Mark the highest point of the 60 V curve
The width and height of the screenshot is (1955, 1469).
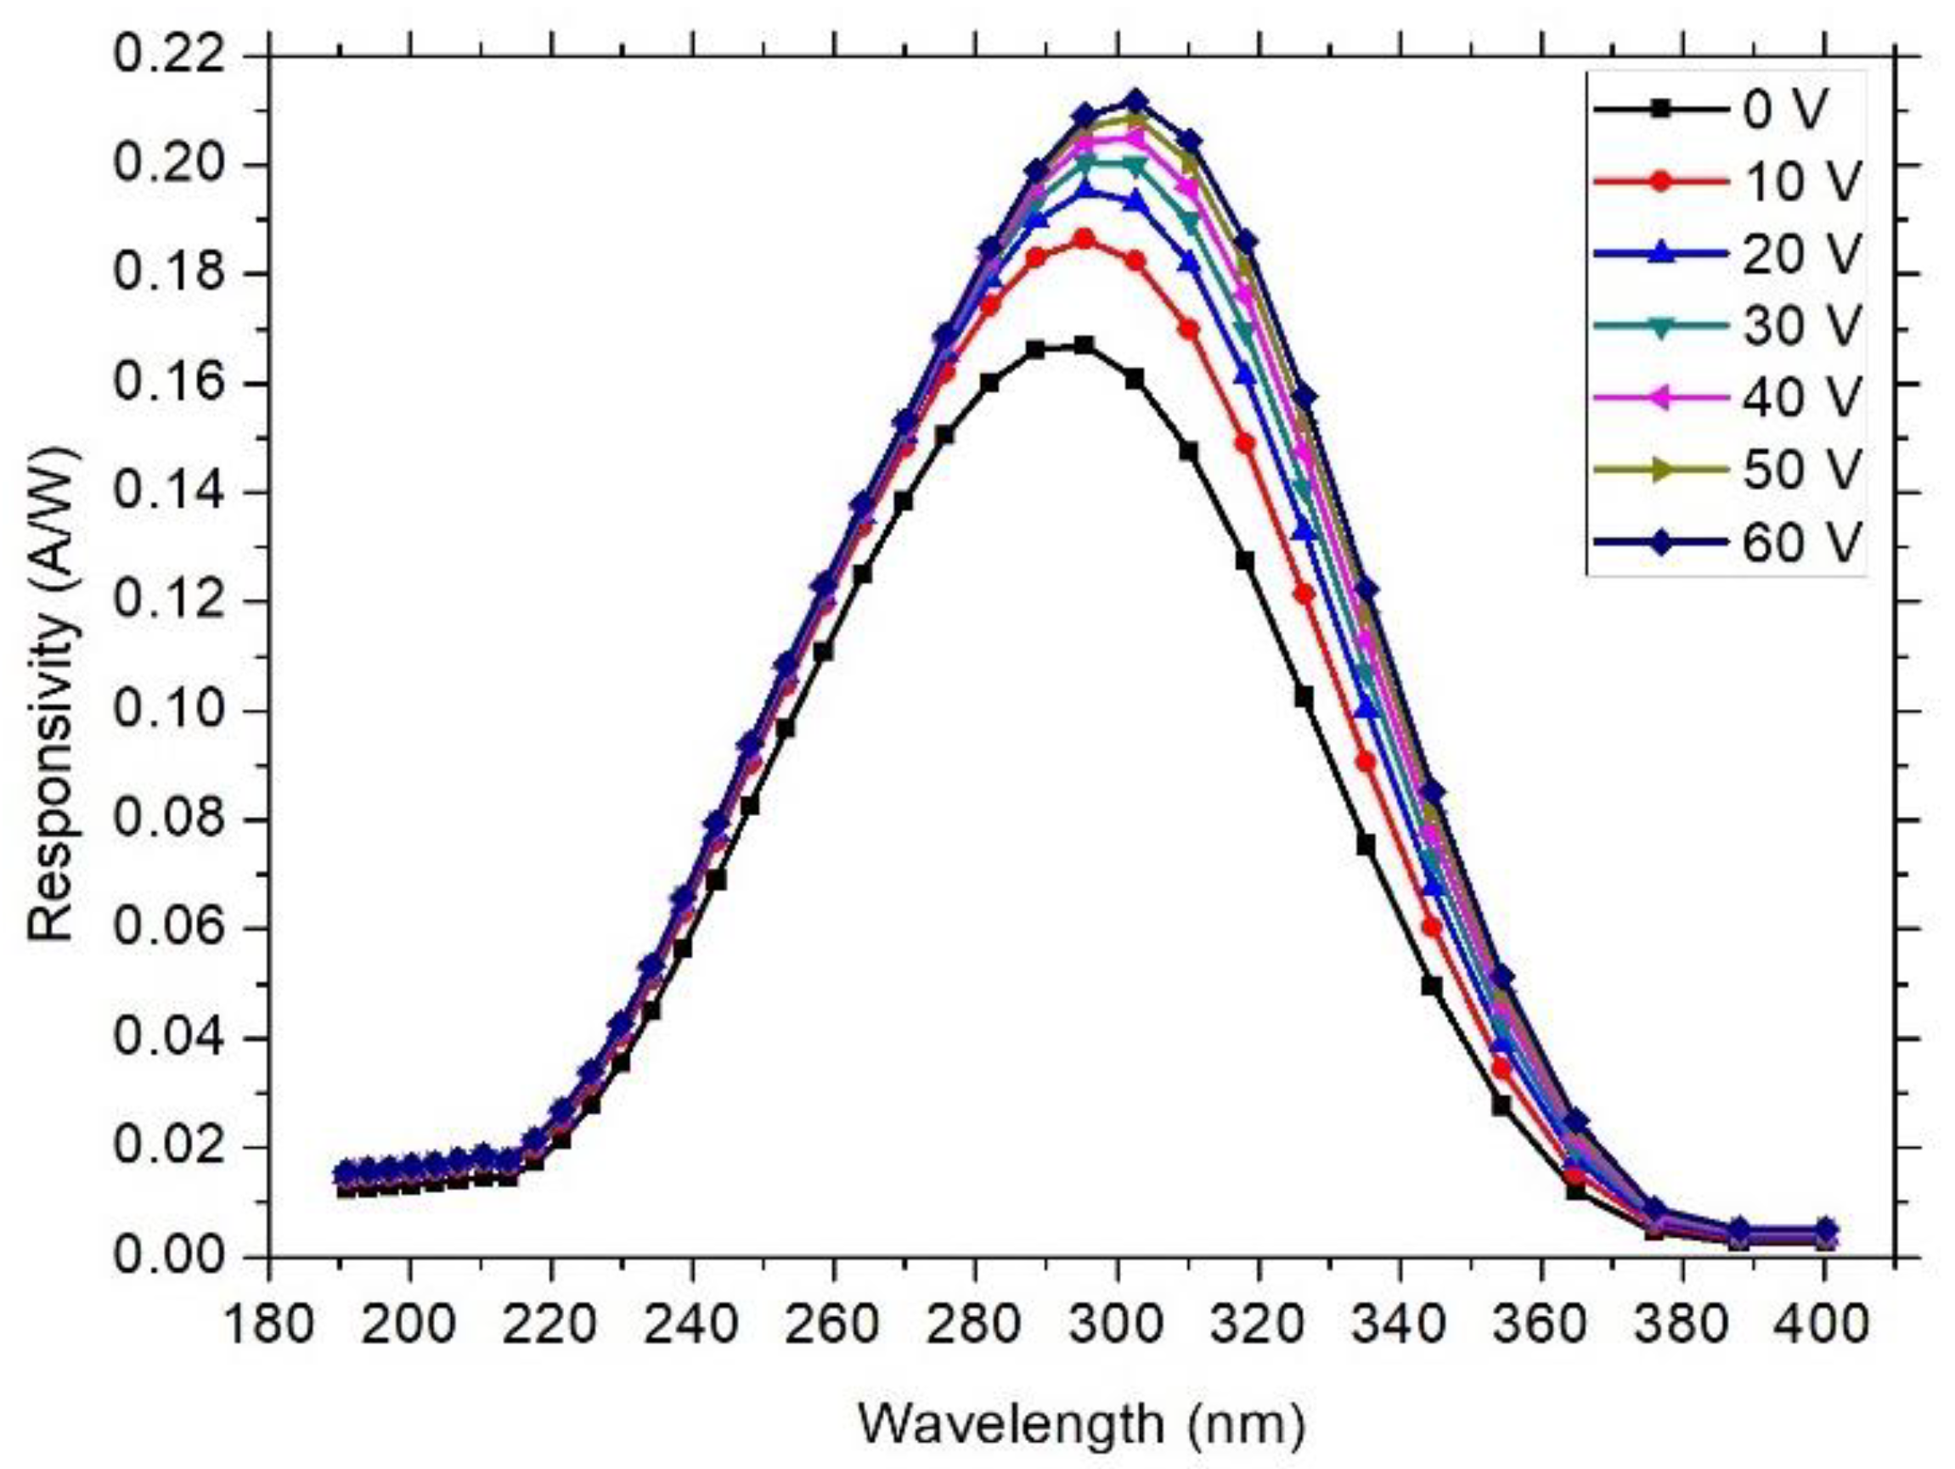(1136, 102)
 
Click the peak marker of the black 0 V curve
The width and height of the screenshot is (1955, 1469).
(1085, 345)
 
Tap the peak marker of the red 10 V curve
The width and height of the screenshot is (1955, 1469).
(1085, 239)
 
